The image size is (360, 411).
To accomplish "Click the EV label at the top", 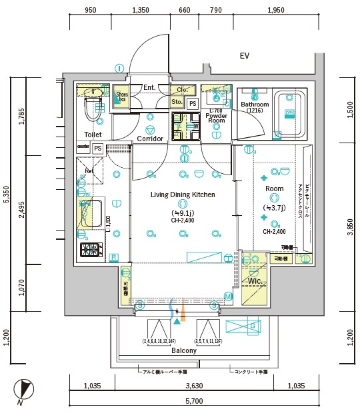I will click(245, 56).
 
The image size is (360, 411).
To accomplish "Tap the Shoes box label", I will click(122, 97).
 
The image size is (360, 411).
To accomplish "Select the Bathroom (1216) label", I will click(255, 107).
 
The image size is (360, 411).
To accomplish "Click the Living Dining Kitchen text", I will click(182, 195).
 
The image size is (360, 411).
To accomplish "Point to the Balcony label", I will click(183, 350).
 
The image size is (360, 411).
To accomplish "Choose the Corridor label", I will click(150, 139).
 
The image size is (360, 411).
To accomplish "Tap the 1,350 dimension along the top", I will click(141, 11).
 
